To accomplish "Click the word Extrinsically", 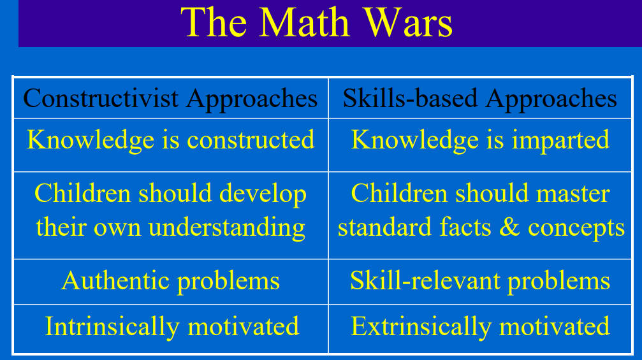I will pos(421,326).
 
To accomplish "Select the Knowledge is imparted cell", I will pos(481,145).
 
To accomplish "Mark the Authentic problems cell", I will pos(171,282).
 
